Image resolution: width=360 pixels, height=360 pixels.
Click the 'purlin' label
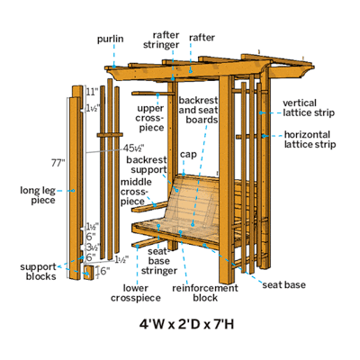(110, 40)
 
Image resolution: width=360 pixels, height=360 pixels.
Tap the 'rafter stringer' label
(161, 40)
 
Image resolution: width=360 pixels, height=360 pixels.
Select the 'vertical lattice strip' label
(309, 108)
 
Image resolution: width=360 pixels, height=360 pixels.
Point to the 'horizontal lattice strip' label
(310, 139)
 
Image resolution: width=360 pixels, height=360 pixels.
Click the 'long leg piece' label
(38, 195)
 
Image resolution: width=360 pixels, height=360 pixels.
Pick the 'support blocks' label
(38, 272)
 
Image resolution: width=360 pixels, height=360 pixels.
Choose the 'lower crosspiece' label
(136, 293)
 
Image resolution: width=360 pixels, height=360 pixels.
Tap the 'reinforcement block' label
(205, 293)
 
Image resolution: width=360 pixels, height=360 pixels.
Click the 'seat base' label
(284, 284)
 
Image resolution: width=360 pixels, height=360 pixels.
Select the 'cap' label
(188, 155)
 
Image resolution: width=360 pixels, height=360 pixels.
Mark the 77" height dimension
(58, 163)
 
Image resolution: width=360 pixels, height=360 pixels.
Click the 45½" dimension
(134, 148)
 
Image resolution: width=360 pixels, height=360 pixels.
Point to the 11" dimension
(92, 92)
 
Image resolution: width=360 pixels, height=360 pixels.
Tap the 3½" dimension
(93, 247)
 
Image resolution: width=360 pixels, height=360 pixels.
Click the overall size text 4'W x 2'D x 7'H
(186, 325)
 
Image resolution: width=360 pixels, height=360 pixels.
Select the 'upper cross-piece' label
(150, 118)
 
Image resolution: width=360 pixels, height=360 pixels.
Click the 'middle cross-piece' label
(136, 192)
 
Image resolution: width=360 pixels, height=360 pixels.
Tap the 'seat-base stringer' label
(159, 261)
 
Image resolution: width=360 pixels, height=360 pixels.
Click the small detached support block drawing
(89, 273)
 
